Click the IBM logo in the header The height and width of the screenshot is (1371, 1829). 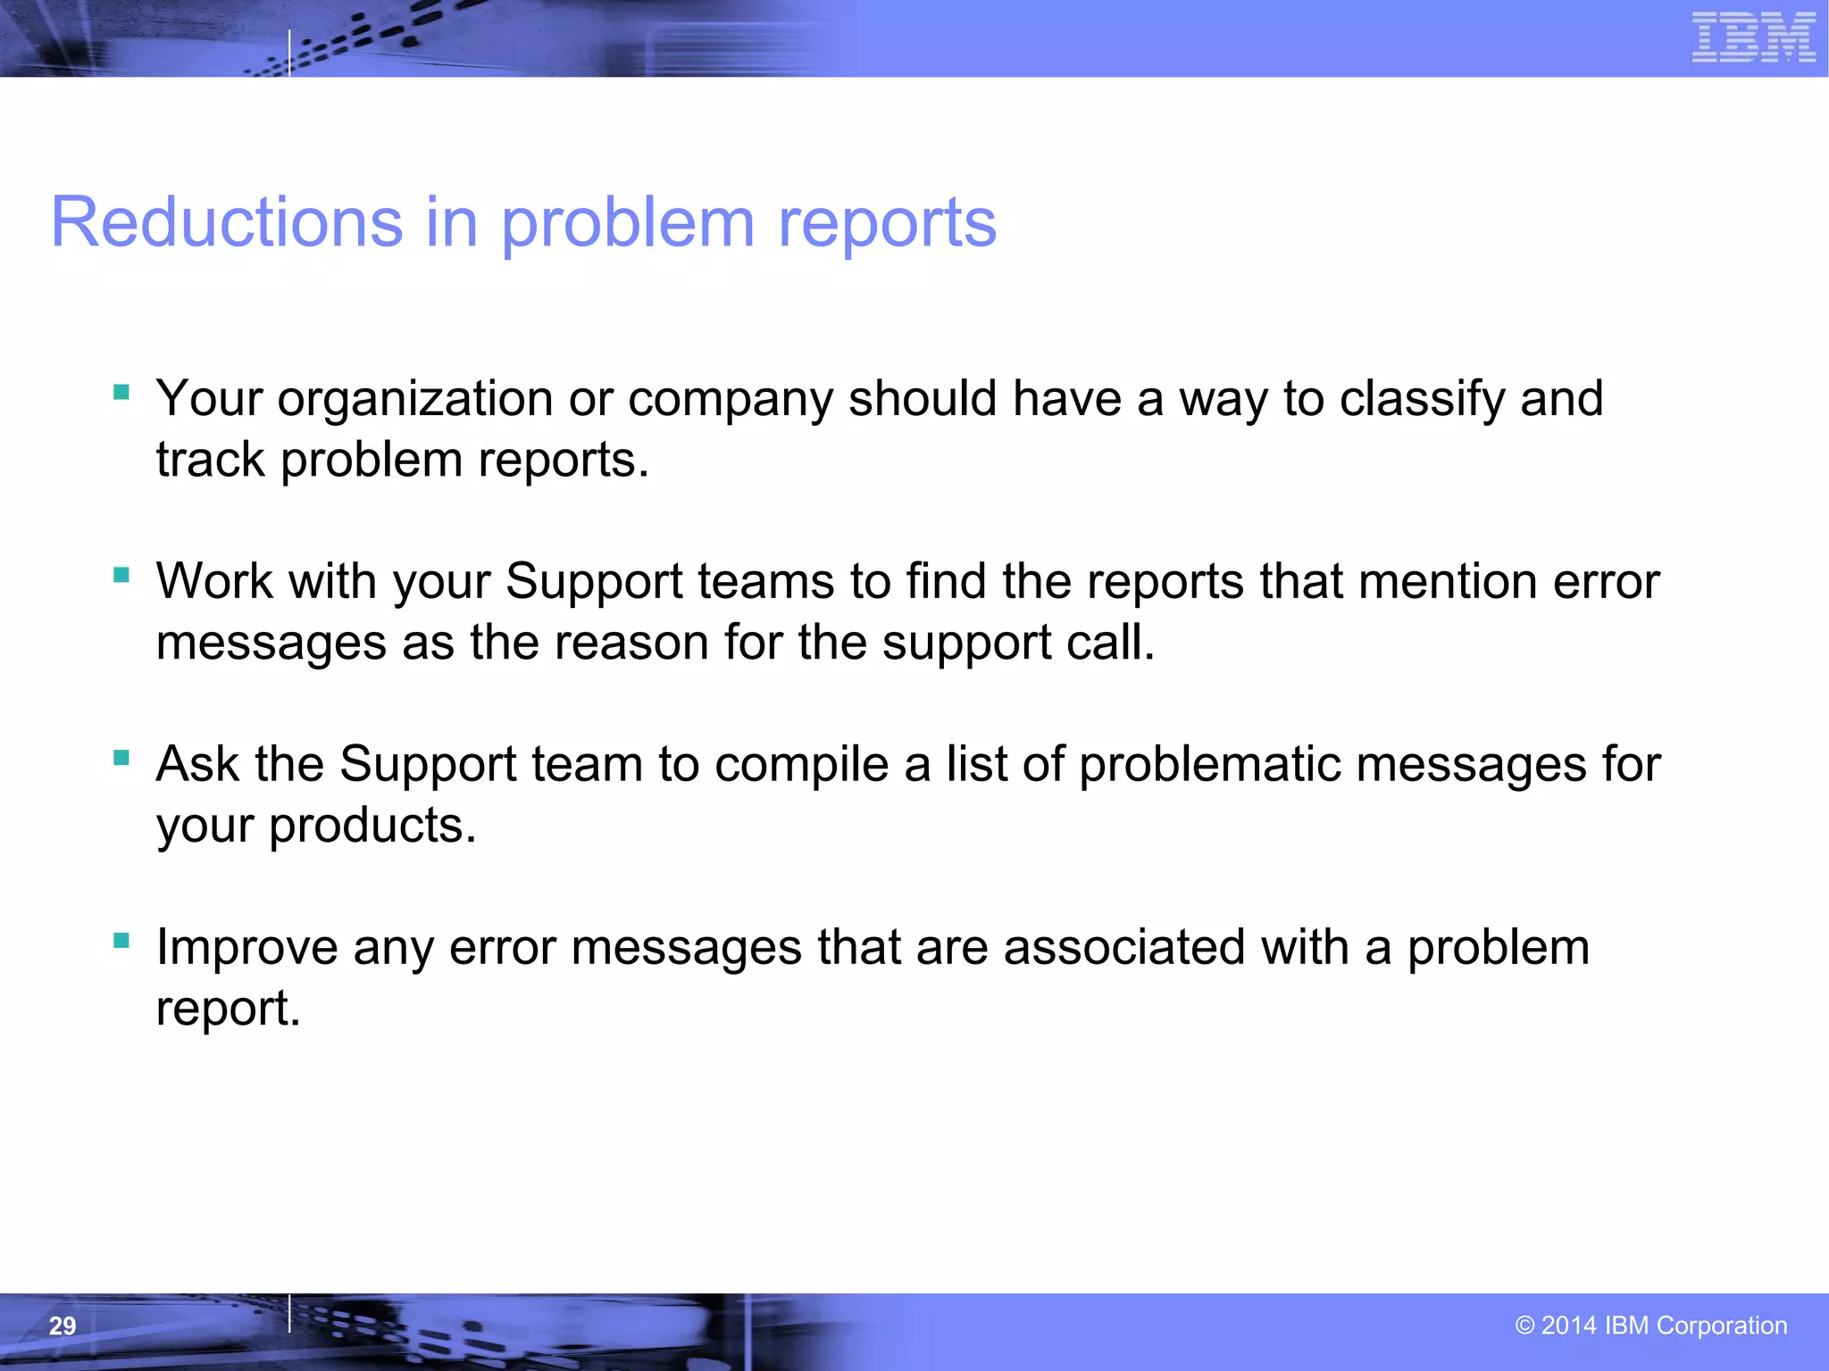click(1753, 38)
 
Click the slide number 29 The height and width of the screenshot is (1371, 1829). click(63, 1325)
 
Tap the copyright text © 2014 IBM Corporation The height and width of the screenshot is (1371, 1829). click(1651, 1325)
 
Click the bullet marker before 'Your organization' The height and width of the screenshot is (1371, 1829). click(122, 392)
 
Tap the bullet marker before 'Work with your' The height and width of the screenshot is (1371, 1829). click(122, 575)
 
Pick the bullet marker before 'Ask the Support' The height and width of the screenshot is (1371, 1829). click(122, 758)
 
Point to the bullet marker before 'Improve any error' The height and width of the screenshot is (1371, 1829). click(122, 941)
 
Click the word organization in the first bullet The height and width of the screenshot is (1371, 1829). click(414, 400)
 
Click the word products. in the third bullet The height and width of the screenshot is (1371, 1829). click(372, 827)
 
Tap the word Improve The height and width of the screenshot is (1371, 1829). click(247, 948)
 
